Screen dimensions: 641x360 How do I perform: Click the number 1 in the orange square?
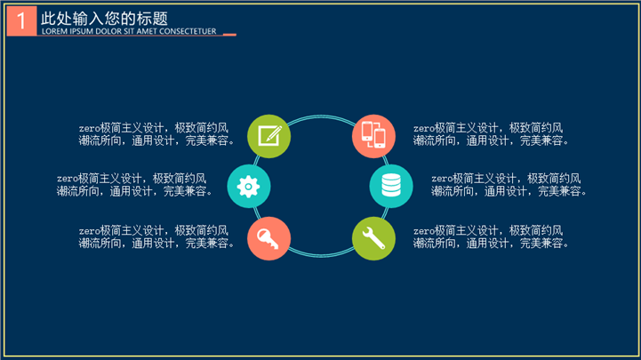tap(21, 20)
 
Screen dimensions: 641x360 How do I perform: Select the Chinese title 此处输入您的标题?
tap(104, 19)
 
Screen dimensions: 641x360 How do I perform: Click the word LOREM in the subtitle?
tap(54, 31)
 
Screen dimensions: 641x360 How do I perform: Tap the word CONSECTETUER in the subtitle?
tap(188, 31)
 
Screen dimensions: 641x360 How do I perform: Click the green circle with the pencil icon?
tap(269, 136)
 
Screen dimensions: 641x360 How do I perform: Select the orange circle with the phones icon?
tap(373, 136)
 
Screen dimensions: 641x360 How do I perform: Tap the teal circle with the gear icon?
tap(249, 187)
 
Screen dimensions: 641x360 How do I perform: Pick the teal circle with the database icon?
tap(391, 187)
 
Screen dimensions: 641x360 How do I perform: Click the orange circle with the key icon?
tap(269, 238)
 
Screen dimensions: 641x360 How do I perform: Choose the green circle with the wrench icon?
tap(373, 238)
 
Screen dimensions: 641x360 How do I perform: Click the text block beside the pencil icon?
tap(156, 134)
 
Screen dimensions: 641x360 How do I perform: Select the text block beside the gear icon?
tap(134, 185)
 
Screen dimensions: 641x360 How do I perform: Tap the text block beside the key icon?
tap(156, 237)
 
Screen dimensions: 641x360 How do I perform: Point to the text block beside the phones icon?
tap(491, 134)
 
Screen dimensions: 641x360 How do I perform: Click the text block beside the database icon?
tap(509, 185)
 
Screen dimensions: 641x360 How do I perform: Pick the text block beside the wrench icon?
tap(491, 237)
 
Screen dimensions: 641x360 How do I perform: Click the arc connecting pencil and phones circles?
tap(321, 116)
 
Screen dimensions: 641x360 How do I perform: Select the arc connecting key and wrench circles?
tap(321, 256)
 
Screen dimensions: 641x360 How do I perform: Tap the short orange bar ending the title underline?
tap(229, 35)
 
